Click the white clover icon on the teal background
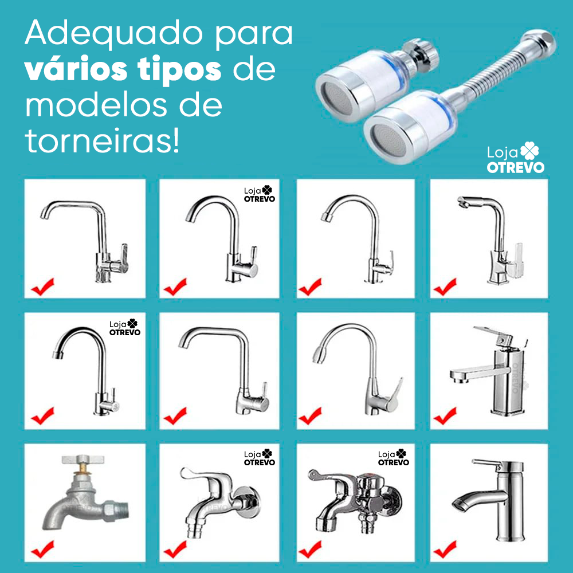click(x=531, y=151)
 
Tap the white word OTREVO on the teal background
click(x=516, y=167)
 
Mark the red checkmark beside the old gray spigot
click(x=43, y=550)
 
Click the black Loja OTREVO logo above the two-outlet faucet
click(x=394, y=457)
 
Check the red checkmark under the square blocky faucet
click(x=445, y=415)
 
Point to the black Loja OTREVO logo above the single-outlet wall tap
click(x=260, y=457)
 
